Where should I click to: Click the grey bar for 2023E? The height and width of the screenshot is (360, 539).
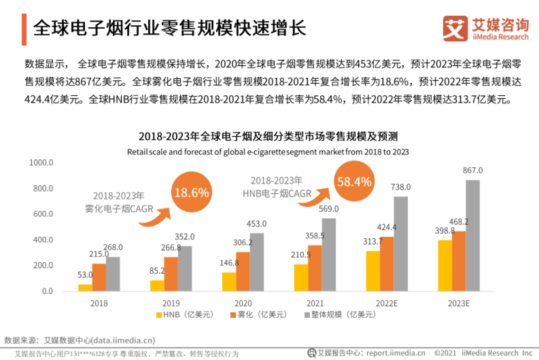[x=473, y=236]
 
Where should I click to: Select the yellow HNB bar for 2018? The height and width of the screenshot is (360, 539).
[x=85, y=288]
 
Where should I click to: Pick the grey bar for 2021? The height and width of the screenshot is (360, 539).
[x=329, y=254]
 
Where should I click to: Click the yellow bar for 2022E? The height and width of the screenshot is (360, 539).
[x=373, y=271]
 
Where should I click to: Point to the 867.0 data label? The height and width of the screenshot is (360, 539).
[x=473, y=171]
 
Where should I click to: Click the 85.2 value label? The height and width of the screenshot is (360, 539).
[x=157, y=271]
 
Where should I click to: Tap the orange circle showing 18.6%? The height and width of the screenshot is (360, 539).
[x=191, y=193]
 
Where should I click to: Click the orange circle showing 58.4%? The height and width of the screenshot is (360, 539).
[x=354, y=182]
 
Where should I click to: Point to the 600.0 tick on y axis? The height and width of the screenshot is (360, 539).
[x=41, y=214]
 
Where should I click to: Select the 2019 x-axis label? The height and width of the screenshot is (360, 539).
[x=171, y=303]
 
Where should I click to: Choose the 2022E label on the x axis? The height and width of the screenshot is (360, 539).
[x=387, y=303]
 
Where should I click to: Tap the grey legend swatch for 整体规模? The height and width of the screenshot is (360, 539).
[x=308, y=315]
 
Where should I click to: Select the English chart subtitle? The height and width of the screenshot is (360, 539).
[x=268, y=152]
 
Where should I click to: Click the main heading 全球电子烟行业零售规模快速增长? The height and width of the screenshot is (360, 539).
[x=170, y=28]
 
